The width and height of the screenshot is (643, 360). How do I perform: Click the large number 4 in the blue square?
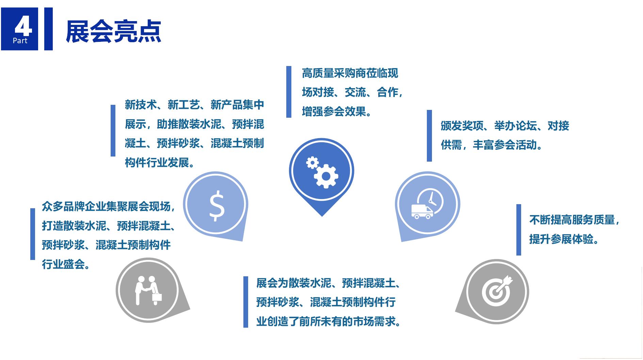[23, 27]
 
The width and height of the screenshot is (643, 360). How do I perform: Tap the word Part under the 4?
[20, 41]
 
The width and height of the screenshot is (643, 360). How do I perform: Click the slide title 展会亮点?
[113, 32]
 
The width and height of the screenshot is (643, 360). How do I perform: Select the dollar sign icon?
[217, 205]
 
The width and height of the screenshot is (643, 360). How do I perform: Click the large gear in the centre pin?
[326, 176]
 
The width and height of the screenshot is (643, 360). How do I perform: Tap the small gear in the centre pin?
[312, 162]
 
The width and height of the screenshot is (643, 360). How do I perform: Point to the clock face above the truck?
[430, 201]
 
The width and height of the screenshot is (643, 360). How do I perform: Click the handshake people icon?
[148, 290]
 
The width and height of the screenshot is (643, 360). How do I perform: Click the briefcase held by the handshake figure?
[157, 296]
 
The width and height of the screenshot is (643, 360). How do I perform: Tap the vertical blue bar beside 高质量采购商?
[289, 92]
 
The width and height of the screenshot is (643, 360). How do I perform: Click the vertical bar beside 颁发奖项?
[429, 135]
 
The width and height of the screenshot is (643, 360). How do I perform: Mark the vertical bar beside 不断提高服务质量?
[518, 230]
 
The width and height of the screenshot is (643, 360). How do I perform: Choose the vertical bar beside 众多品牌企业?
[33, 234]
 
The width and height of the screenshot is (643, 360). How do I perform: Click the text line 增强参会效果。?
[337, 112]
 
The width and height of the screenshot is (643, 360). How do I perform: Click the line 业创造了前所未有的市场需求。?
[329, 322]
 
